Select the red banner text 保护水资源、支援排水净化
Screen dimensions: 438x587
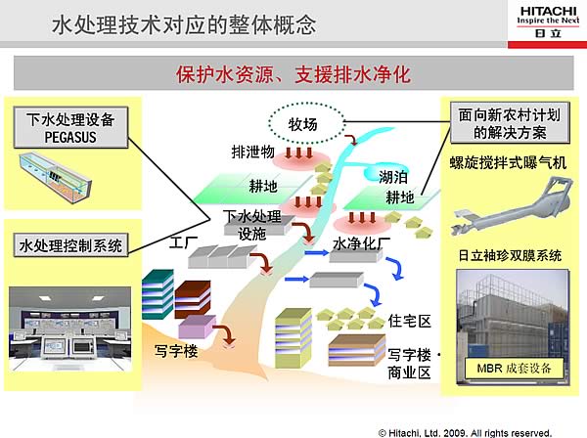tap(293, 73)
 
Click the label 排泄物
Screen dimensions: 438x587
tap(252, 153)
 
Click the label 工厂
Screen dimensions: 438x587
tap(185, 241)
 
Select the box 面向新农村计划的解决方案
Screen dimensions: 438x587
tap(510, 123)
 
